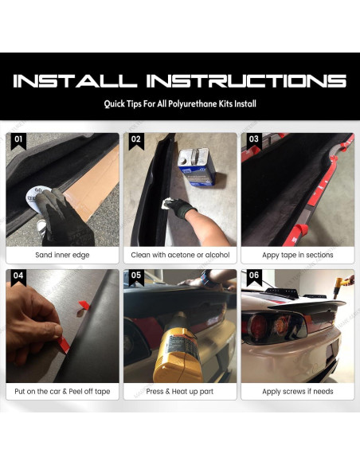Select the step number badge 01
click(x=19, y=139)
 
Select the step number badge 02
click(x=136, y=139)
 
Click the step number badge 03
click(x=254, y=139)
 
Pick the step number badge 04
click(x=19, y=276)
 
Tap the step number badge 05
click(x=136, y=276)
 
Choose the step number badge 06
click(x=254, y=276)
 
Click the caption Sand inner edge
click(x=62, y=255)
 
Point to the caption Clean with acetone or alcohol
click(x=180, y=255)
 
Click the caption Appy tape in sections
click(x=298, y=255)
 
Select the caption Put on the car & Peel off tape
click(x=62, y=392)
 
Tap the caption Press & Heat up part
click(x=180, y=392)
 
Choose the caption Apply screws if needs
click(x=298, y=392)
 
